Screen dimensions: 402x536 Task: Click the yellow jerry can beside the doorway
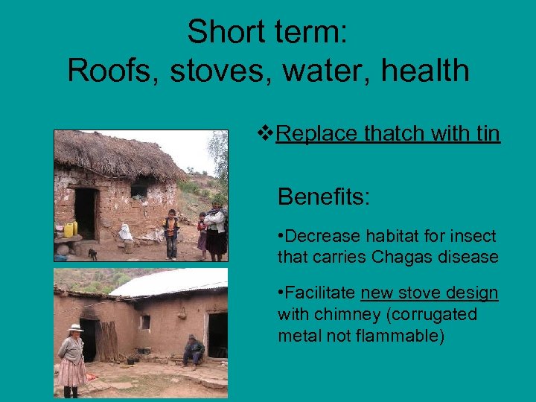70,229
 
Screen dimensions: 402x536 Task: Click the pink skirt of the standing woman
72,371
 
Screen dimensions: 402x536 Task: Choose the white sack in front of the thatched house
126,233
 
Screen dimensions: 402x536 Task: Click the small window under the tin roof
144,322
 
